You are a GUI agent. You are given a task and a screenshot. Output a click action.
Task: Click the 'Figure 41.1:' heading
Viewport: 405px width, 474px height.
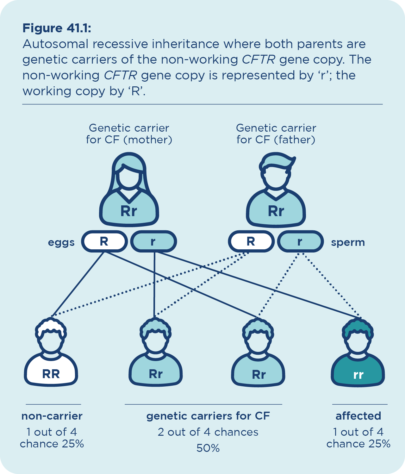(x=57, y=28)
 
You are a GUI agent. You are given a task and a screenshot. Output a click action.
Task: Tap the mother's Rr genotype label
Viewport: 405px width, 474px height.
(x=128, y=211)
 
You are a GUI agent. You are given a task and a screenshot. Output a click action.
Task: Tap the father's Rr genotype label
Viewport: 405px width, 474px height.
(x=276, y=211)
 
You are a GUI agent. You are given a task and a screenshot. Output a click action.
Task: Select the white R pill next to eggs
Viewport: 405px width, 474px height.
(x=104, y=242)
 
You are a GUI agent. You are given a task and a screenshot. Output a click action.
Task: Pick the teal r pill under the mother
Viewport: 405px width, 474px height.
(x=153, y=242)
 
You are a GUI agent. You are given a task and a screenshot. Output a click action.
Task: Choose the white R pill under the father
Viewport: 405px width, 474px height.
(x=251, y=242)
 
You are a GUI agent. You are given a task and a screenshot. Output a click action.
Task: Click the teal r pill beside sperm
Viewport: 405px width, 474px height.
(x=300, y=242)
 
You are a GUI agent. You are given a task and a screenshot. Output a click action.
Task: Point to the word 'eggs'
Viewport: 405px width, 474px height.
(x=61, y=242)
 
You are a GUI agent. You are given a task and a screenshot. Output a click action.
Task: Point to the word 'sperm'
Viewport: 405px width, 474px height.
(x=348, y=242)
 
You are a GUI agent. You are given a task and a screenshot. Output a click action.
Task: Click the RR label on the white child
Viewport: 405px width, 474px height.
(x=51, y=374)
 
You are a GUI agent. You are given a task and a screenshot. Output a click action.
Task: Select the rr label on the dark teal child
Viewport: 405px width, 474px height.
(x=358, y=375)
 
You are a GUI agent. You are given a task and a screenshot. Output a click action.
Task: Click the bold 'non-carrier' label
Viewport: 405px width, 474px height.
(x=52, y=416)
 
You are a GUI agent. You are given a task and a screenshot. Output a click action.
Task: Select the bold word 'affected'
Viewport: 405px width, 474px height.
(x=358, y=416)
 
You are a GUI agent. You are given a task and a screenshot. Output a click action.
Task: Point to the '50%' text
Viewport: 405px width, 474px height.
(x=208, y=448)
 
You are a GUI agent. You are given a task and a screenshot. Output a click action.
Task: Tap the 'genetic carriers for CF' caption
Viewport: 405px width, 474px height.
(x=208, y=416)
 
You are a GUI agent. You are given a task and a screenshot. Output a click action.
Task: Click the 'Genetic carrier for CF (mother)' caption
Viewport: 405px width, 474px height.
(x=129, y=134)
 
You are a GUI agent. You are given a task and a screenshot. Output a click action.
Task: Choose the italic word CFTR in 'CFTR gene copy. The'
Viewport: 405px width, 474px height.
(x=259, y=59)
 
